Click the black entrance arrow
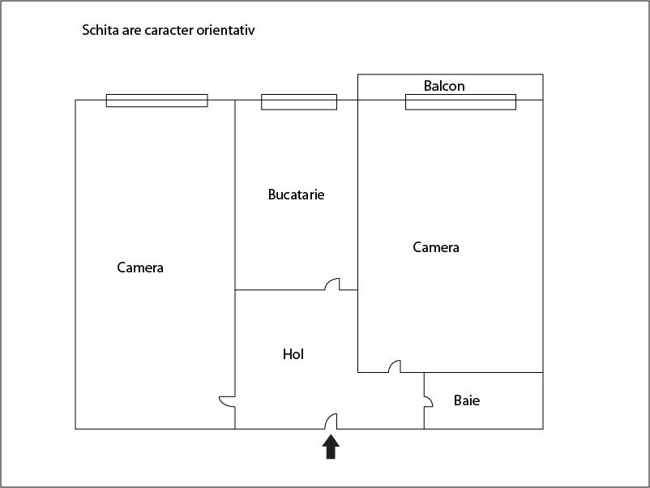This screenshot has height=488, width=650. (x=331, y=447)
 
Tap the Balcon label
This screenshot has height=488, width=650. (x=444, y=86)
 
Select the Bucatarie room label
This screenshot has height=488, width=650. (x=296, y=195)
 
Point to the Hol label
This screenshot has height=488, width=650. (x=293, y=354)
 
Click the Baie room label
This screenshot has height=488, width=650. (x=466, y=400)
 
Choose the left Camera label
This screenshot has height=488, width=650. (x=140, y=268)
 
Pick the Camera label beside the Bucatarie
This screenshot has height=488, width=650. (x=436, y=247)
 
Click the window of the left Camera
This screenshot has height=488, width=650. (x=156, y=101)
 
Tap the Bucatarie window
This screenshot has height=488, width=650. (x=298, y=101)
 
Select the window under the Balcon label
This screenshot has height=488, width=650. (x=460, y=101)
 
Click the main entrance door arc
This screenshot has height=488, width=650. (x=331, y=422)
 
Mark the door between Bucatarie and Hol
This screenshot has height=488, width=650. (x=332, y=285)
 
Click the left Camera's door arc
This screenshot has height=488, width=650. (x=228, y=400)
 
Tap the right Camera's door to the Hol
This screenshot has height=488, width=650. (x=394, y=366)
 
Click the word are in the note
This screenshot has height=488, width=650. (x=130, y=30)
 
